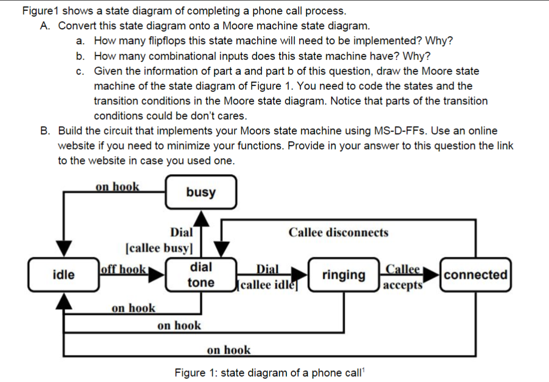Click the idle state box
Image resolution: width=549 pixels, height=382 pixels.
[x=63, y=275]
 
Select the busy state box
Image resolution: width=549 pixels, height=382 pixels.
[x=201, y=192]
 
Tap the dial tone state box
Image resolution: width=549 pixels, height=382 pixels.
[x=201, y=275]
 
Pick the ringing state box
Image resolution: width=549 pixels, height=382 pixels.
[x=343, y=275]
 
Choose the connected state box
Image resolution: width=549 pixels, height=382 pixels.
[x=476, y=275]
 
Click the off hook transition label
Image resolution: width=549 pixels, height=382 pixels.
[x=123, y=269]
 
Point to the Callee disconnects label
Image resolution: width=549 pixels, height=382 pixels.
[x=338, y=232]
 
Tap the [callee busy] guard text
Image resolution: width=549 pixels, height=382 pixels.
[x=159, y=248]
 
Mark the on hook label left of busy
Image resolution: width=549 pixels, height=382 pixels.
[x=117, y=186]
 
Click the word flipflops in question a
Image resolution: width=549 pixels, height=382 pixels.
[x=166, y=41]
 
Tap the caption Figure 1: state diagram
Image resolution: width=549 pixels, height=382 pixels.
[x=268, y=372]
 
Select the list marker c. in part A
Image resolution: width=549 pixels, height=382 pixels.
[x=80, y=71]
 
